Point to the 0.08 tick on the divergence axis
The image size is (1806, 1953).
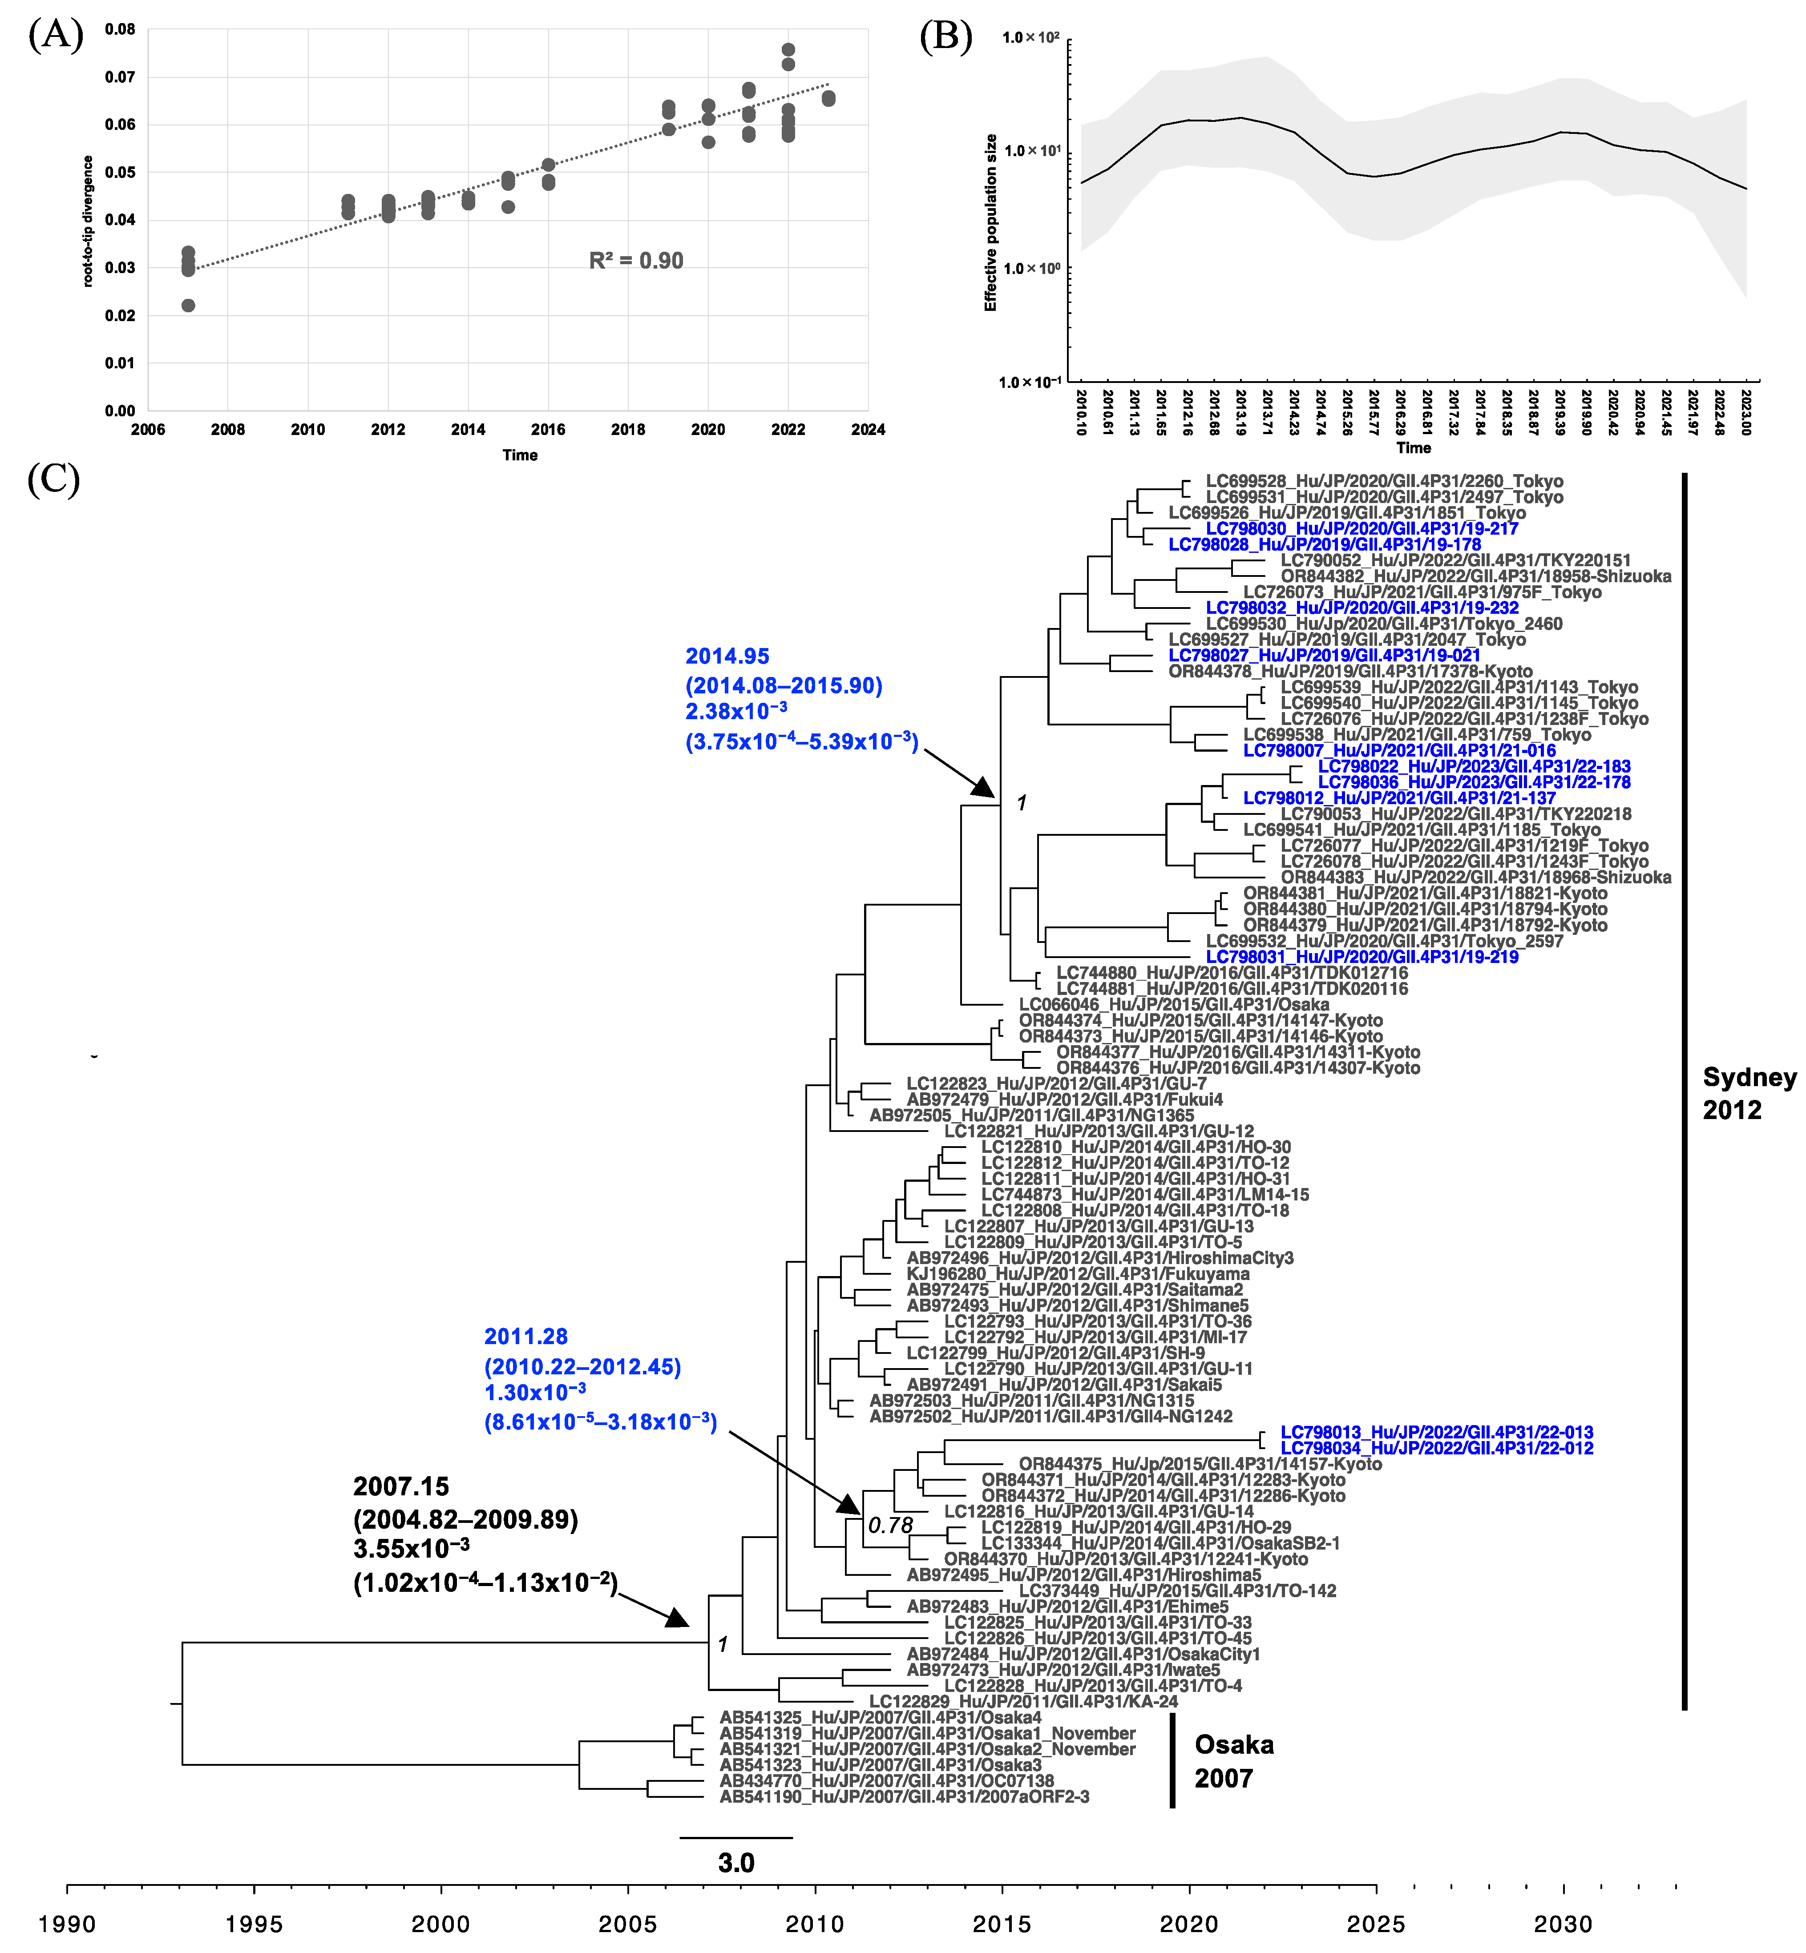[x=120, y=29]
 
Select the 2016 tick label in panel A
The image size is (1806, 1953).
[x=548, y=430]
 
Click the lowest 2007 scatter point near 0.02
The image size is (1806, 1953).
[x=189, y=306]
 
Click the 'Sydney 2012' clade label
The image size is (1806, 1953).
[x=1748, y=1093]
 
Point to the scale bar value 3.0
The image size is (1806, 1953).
[x=736, y=1863]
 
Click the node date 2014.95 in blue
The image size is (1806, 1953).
[x=727, y=656]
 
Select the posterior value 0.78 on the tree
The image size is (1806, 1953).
[x=890, y=1525]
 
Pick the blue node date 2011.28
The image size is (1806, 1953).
[x=526, y=1337]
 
